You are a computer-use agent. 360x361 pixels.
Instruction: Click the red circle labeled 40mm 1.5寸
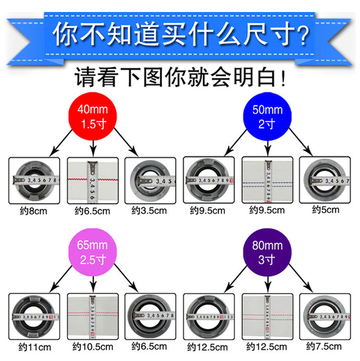click(x=93, y=116)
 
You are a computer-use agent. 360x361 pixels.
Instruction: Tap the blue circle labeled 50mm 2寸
click(x=268, y=116)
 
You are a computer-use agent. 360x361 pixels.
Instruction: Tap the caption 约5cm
click(x=325, y=210)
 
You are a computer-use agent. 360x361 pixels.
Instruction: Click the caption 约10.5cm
click(x=92, y=347)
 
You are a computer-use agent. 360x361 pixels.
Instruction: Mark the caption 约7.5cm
click(x=325, y=346)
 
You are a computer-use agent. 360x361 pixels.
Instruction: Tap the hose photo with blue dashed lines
click(x=267, y=181)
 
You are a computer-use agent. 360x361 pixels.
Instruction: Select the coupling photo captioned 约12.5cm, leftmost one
click(x=209, y=317)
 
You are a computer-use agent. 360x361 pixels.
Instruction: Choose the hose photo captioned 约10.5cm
click(x=92, y=317)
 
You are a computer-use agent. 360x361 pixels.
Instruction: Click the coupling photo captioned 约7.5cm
click(x=325, y=317)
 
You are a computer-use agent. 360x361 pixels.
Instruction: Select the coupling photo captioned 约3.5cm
click(x=150, y=181)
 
